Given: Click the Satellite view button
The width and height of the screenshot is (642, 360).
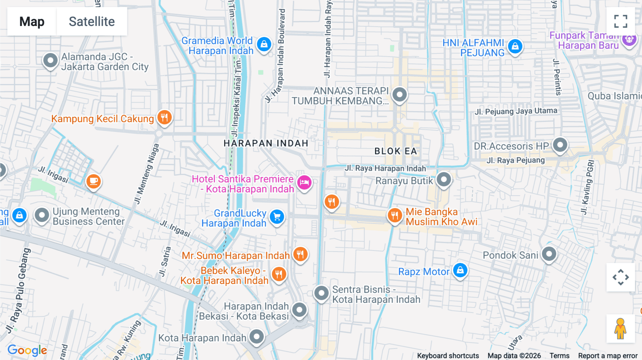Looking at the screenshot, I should [x=92, y=21].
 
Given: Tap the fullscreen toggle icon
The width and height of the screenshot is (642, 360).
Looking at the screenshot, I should [x=621, y=21].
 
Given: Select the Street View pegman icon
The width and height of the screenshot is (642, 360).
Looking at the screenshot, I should [x=621, y=328].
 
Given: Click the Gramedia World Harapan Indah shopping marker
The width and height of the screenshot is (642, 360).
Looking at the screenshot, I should [x=264, y=45].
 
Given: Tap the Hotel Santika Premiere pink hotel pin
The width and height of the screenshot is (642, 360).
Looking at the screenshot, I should [x=304, y=182].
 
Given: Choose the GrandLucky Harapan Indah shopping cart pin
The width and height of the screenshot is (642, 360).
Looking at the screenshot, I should [x=277, y=217].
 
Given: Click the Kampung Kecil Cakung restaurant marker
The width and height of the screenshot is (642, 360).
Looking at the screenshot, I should [x=164, y=117].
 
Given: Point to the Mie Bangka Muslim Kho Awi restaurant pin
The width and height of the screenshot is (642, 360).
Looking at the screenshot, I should [x=394, y=215].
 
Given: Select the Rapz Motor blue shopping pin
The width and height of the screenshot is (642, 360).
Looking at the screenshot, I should [x=460, y=270].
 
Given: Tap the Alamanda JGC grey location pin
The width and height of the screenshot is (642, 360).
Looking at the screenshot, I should [x=50, y=61].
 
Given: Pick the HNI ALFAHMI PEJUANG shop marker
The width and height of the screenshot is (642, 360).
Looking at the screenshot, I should [x=515, y=46].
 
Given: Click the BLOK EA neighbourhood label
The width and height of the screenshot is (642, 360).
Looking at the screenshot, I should [x=396, y=151].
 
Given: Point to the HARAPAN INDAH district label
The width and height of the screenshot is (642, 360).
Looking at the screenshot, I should [x=266, y=143].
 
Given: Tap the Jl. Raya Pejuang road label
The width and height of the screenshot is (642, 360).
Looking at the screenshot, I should [x=515, y=160].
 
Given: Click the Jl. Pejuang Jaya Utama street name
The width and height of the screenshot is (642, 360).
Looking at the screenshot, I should [x=516, y=111].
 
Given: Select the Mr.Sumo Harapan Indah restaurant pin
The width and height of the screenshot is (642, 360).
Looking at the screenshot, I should [x=300, y=254].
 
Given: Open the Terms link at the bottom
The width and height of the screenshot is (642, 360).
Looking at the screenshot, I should [x=559, y=355].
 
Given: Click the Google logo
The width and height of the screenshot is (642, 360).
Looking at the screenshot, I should [x=27, y=350].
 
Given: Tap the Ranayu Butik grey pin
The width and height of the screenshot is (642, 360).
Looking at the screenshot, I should [x=444, y=180].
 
